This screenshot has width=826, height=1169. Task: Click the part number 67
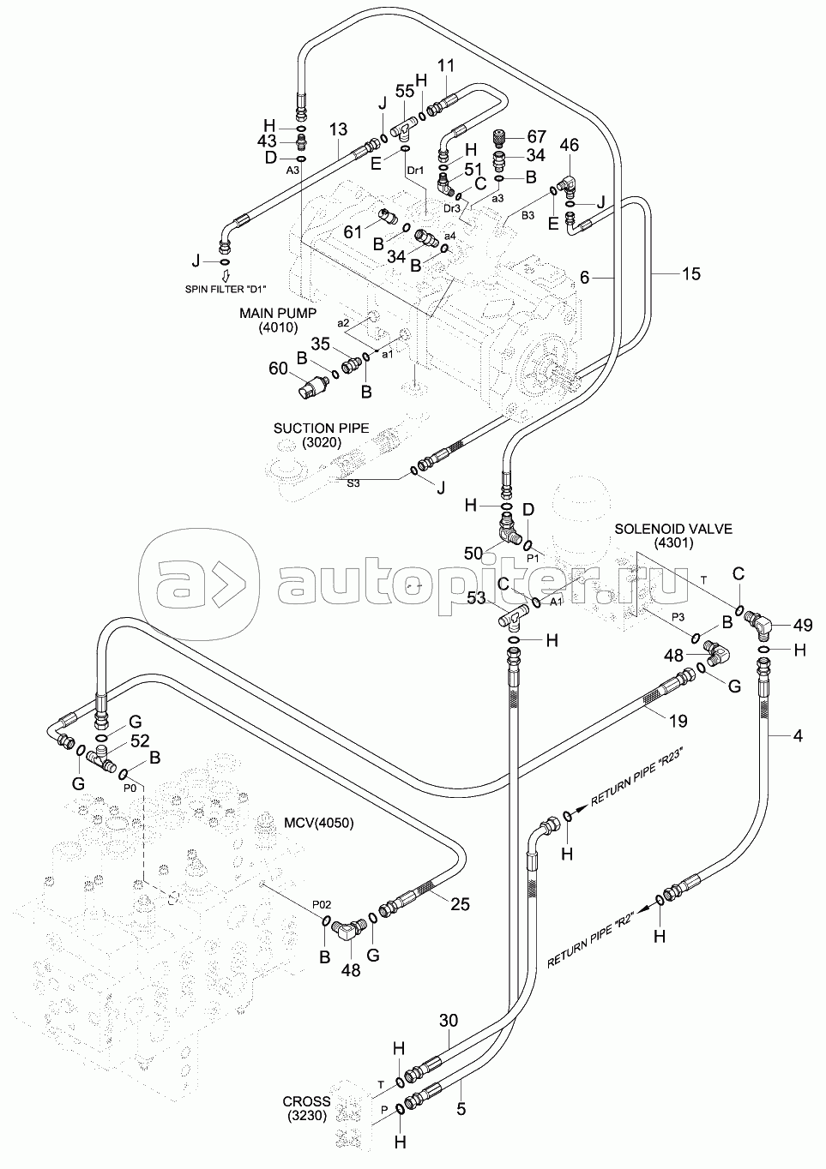point(537,136)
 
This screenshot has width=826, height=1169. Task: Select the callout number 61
point(353,231)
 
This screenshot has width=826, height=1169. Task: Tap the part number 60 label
point(279,369)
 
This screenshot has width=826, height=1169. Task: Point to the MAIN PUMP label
point(278,313)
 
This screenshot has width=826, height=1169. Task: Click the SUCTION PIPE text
point(322,428)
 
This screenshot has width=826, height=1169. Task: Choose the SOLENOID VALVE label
point(673,529)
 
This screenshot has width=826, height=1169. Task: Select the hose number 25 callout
point(460,903)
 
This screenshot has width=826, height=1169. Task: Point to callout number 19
point(678,721)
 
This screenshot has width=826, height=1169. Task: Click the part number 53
point(476,597)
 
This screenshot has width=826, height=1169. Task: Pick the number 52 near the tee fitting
point(140,740)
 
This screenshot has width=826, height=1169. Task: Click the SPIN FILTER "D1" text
point(229,289)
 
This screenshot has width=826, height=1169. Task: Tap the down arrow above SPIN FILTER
point(226,276)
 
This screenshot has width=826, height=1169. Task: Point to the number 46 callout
point(569,145)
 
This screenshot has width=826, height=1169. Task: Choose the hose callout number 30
point(449,1020)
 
